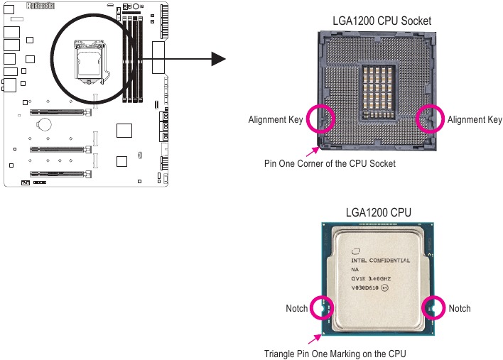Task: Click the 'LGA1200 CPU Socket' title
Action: tap(382, 21)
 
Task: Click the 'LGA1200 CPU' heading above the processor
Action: tap(377, 212)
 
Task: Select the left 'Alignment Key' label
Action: tap(275, 120)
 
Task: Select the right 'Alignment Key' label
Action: tap(475, 120)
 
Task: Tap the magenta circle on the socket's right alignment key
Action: tap(431, 119)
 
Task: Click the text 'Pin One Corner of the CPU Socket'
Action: tap(330, 163)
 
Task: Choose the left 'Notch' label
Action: tap(296, 308)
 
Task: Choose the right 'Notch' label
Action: tap(460, 308)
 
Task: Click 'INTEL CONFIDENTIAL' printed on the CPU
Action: tap(381, 261)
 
